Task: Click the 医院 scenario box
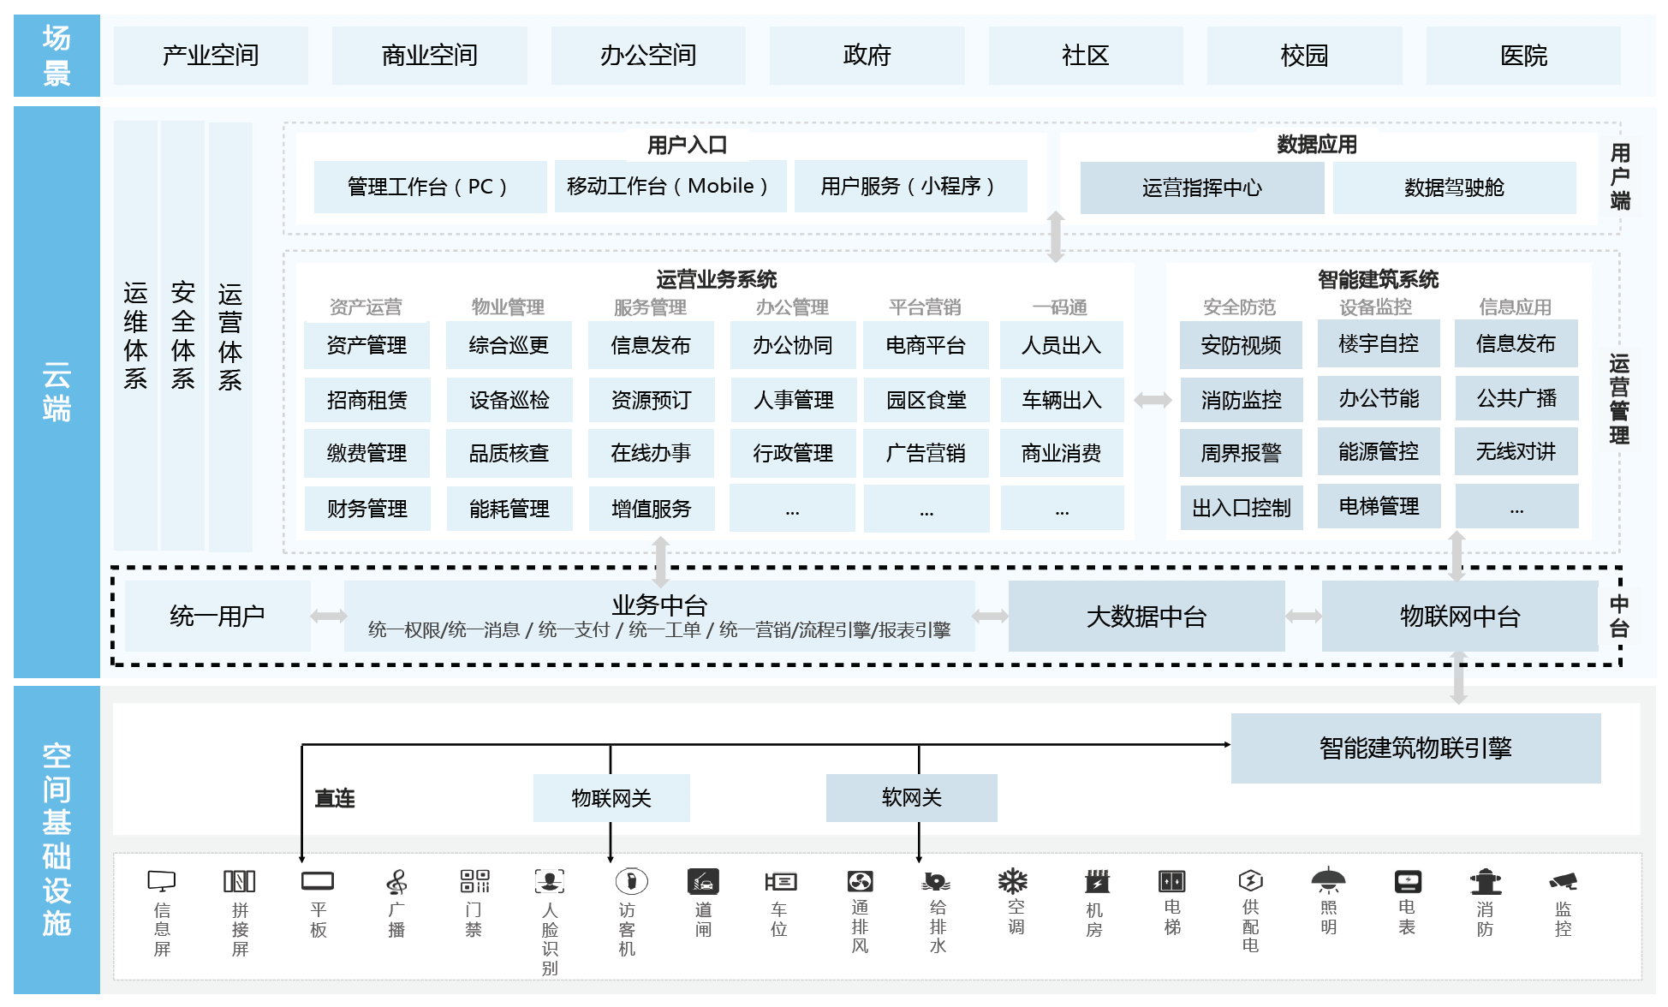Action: coord(1523,56)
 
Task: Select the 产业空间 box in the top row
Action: coord(211,56)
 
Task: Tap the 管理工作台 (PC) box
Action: coord(430,187)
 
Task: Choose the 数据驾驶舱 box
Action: coord(1454,188)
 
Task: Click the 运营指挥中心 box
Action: coord(1202,188)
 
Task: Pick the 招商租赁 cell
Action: coord(366,400)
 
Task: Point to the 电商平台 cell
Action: coord(926,345)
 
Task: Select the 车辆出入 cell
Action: coord(1062,400)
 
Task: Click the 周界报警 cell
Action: coord(1241,453)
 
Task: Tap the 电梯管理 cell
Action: coord(1379,506)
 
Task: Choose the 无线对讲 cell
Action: coord(1516,451)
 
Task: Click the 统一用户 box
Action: coord(217,616)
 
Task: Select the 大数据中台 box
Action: coord(1147,616)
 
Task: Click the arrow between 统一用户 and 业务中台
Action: coord(328,616)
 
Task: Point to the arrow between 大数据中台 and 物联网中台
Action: coord(1303,616)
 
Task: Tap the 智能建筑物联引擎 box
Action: coord(1415,748)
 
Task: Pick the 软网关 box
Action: coord(911,798)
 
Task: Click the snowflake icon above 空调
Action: coord(1013,880)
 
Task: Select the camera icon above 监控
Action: coord(1564,880)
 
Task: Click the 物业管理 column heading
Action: coord(508,307)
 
